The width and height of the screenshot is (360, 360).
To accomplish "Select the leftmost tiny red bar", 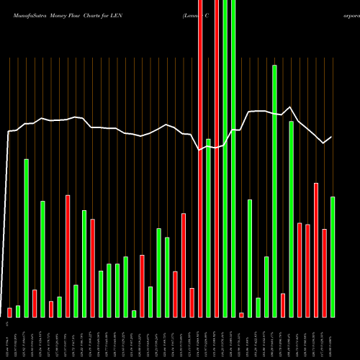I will tap(10, 312).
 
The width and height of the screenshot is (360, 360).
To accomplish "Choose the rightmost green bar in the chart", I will tap(333, 256).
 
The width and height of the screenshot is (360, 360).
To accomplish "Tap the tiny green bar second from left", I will tap(18, 311).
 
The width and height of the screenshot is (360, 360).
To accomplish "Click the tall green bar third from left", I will tap(27, 238).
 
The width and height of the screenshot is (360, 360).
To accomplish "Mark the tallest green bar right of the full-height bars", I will tap(274, 191).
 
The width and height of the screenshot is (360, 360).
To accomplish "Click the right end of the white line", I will tap(331, 138).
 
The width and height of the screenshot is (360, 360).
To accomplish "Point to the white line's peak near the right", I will tap(290, 108).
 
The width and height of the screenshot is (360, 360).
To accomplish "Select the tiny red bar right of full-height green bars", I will tap(241, 315).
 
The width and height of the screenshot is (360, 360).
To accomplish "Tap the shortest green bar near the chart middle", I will tap(134, 313).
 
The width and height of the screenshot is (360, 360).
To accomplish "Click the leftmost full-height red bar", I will tap(200, 158).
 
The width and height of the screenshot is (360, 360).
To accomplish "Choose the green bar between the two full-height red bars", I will tap(208, 228).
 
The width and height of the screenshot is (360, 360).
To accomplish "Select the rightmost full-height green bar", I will tap(233, 158).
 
